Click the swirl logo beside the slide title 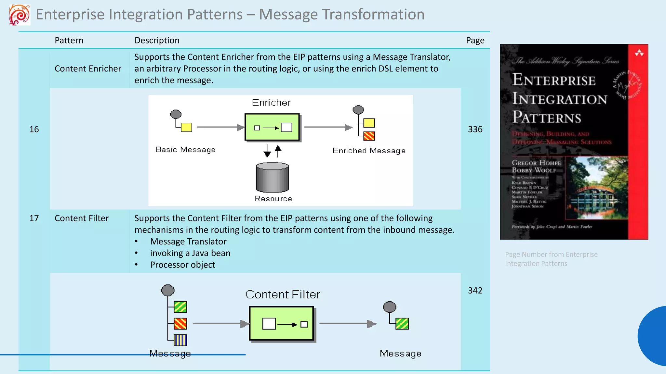coord(20,15)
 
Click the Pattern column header coord(69,40)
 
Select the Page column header coord(475,40)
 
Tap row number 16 coord(34,129)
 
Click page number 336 coord(475,129)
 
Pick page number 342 coord(475,290)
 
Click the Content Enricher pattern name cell coord(88,69)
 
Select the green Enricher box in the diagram coord(272,127)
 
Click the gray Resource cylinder coord(272,178)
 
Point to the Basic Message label coord(185,150)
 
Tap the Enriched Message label coord(369,151)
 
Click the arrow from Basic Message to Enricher coord(220,127)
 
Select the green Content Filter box coord(281,323)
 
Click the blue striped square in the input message coord(180,340)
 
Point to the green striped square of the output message coord(402,323)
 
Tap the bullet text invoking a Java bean coord(190,253)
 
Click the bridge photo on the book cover coord(596,188)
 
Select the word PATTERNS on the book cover coord(546,118)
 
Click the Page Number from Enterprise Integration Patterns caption coord(551,259)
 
